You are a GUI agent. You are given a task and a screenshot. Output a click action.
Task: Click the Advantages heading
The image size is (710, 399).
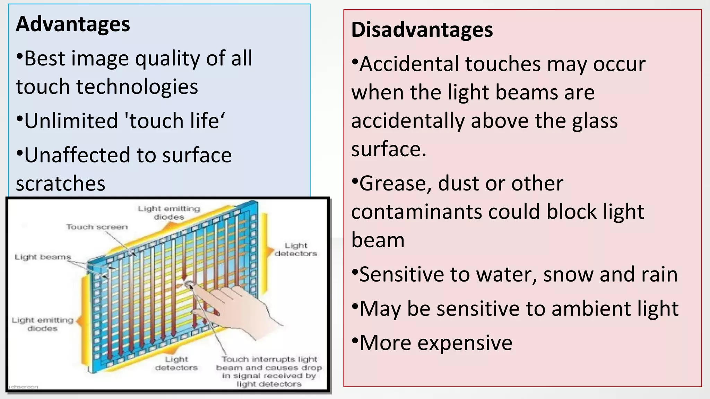point(73,24)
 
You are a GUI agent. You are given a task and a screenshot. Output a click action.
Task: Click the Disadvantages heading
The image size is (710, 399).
point(422,30)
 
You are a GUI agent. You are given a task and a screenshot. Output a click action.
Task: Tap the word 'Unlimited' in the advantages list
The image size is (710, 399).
point(71,121)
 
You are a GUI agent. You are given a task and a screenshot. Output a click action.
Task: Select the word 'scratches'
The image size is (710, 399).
point(60,184)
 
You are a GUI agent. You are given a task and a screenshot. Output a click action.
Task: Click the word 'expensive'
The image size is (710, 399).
point(465,343)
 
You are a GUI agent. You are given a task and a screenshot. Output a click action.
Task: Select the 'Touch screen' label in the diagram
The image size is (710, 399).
point(97,227)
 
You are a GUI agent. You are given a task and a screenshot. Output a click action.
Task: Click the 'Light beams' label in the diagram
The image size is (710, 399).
point(43,257)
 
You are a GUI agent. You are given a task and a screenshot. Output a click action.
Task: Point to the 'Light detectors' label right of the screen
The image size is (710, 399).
point(296,249)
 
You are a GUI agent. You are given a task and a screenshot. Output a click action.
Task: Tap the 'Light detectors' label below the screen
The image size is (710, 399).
point(176,363)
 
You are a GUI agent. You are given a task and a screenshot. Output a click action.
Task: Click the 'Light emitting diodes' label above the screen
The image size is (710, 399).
point(169,213)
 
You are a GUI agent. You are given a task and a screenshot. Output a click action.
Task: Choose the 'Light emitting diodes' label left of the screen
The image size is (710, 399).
point(42,324)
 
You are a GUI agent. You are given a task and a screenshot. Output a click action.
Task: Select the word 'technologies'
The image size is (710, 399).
point(137,87)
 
